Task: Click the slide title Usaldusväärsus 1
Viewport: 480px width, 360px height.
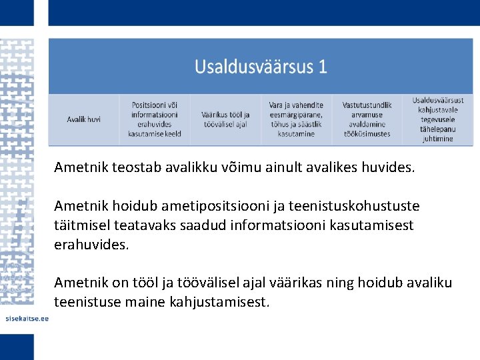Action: (261, 67)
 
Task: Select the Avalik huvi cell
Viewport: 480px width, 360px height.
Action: (84, 119)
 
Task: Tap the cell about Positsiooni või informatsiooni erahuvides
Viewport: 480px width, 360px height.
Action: (155, 119)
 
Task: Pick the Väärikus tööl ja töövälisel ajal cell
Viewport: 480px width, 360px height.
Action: (225, 119)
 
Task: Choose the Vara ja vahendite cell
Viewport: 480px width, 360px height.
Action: (296, 119)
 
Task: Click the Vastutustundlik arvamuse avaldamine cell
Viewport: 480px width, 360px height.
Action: (367, 119)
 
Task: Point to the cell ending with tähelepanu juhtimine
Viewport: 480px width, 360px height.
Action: (437, 119)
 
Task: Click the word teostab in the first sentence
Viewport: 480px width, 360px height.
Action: (129, 168)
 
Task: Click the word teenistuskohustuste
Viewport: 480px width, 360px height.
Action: (361, 207)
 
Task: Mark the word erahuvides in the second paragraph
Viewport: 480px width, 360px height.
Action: (91, 244)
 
